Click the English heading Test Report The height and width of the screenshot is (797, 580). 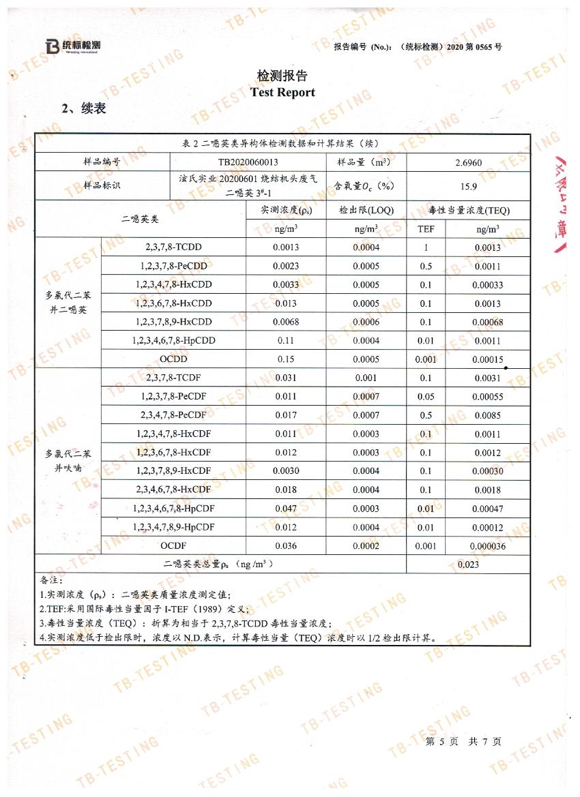pyautogui.click(x=282, y=92)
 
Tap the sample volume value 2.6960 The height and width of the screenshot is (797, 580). pyautogui.click(x=468, y=163)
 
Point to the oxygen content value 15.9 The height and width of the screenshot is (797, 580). pyautogui.click(x=468, y=185)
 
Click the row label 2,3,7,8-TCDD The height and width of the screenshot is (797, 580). pyautogui.click(x=173, y=247)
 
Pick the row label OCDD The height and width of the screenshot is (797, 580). pyautogui.click(x=173, y=359)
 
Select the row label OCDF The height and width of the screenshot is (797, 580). pyautogui.click(x=173, y=545)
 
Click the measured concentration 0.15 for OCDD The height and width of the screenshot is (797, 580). pyautogui.click(x=285, y=359)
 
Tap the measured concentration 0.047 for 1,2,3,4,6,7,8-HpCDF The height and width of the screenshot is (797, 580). pyautogui.click(x=285, y=508)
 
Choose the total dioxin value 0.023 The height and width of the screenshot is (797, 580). pyautogui.click(x=468, y=564)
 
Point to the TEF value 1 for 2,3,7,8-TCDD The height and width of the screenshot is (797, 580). pyautogui.click(x=426, y=247)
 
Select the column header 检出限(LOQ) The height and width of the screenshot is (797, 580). pyautogui.click(x=366, y=211)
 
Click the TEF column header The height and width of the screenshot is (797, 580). pyautogui.click(x=426, y=229)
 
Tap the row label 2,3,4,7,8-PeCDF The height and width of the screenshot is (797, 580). pyautogui.click(x=173, y=415)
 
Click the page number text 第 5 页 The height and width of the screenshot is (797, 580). pyautogui.click(x=439, y=741)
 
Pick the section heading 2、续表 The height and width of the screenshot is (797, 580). pyautogui.click(x=84, y=108)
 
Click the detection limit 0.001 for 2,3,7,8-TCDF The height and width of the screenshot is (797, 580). pyautogui.click(x=366, y=378)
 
